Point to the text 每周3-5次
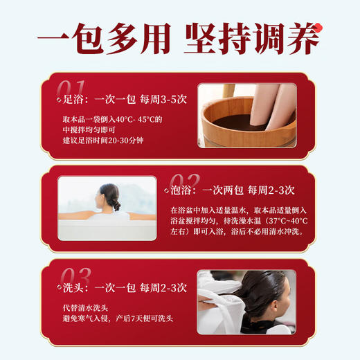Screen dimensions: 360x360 point(165,99)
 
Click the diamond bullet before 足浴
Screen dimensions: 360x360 point(58,100)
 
